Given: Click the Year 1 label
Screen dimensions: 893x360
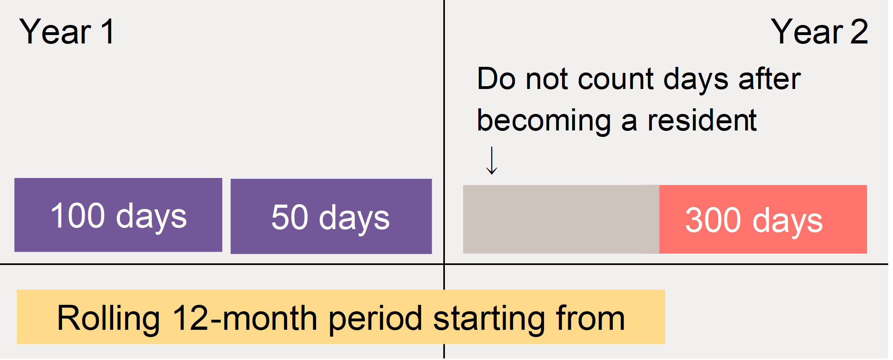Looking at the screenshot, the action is (x=67, y=32).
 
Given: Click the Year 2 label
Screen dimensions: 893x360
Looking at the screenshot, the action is (x=819, y=32).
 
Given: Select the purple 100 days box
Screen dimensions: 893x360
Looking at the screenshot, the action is (x=118, y=215).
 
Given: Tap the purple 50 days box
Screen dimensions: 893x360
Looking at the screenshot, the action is (x=331, y=216).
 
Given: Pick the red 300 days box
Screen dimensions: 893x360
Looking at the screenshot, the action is (x=763, y=219).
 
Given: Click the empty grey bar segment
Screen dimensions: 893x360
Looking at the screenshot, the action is (x=561, y=219).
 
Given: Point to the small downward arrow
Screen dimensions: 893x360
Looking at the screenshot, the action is (x=492, y=160).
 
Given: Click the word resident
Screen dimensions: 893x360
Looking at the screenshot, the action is (x=702, y=120).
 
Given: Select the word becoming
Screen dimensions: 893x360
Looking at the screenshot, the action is (x=544, y=122).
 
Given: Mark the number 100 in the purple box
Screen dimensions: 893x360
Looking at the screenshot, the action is (x=78, y=215).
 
